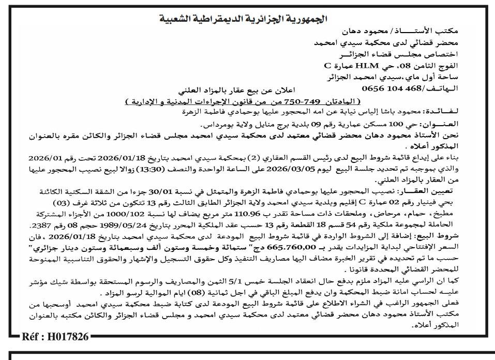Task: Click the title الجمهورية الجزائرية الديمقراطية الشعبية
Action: [x=247, y=20]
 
